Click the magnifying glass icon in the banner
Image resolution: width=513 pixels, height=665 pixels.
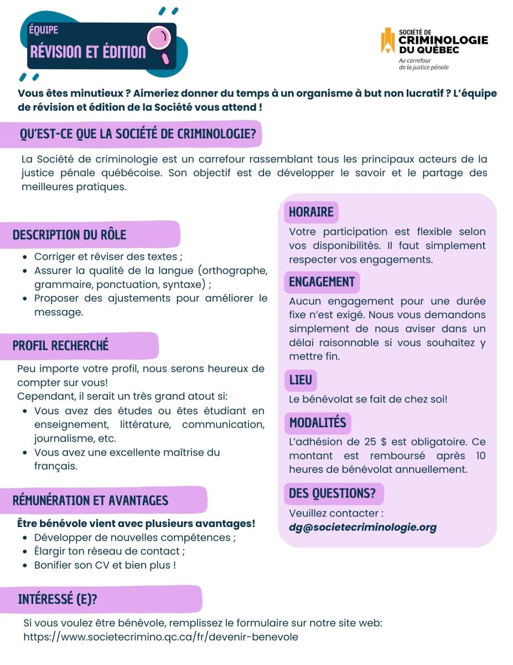tap(160, 40)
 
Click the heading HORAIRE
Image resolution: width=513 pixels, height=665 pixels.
tap(311, 212)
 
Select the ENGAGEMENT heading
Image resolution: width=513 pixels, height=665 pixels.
tap(322, 282)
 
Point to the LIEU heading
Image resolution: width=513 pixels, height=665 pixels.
tap(300, 380)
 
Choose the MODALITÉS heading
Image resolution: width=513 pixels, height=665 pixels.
tap(318, 423)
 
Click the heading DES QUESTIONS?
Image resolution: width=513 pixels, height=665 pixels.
tap(332, 493)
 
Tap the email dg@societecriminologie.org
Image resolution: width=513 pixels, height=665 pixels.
tap(362, 527)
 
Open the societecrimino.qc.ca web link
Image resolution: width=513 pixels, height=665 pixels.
tap(160, 637)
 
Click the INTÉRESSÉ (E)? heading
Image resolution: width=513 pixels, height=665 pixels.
tap(59, 599)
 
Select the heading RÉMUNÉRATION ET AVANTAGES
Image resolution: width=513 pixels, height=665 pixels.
tap(90, 500)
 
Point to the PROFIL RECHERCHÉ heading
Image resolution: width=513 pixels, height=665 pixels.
tap(61, 346)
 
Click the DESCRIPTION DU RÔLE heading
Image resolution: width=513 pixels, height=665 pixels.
tap(69, 234)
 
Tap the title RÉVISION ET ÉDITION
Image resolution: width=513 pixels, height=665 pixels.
tap(88, 52)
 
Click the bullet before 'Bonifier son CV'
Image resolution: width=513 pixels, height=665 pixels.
tap(25, 566)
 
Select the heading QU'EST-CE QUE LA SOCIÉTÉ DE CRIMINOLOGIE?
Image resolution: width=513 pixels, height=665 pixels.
tap(137, 134)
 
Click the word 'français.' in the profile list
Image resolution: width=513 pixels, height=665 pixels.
tap(55, 466)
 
